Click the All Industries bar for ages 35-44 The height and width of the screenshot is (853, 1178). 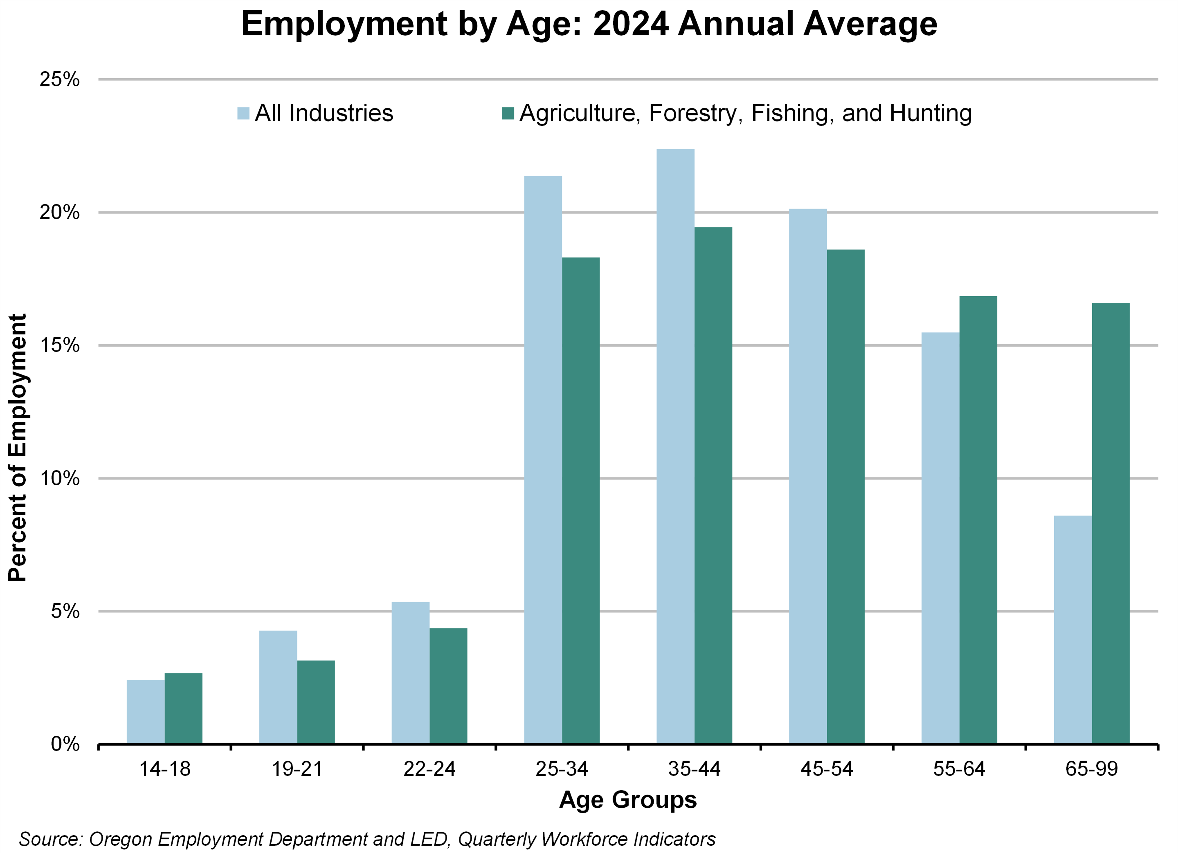coord(675,446)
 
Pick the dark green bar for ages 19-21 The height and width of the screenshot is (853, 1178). coord(316,702)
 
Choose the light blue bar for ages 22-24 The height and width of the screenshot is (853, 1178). coord(410,673)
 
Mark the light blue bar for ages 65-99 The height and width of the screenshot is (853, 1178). coord(1073,630)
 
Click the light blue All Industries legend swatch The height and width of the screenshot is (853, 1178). coord(243,113)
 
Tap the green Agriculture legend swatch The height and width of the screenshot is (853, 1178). coord(507,113)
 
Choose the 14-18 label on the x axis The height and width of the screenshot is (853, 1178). coord(165,769)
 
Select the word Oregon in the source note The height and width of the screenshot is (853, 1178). coord(121,839)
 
